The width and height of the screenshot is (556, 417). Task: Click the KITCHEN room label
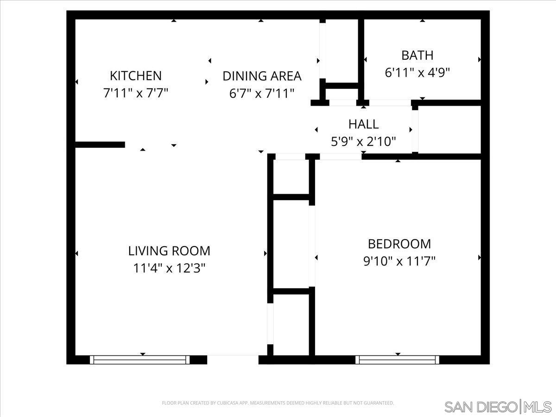pyautogui.click(x=135, y=75)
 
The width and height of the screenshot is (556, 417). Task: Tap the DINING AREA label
pyautogui.click(x=262, y=76)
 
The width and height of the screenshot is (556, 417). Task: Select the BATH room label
pyautogui.click(x=417, y=55)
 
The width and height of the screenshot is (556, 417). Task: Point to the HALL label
pyautogui.click(x=363, y=124)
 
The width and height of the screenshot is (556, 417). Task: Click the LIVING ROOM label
pyautogui.click(x=169, y=251)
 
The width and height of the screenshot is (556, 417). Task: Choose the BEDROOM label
pyautogui.click(x=399, y=243)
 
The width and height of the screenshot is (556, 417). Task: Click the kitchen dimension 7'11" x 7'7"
pyautogui.click(x=135, y=93)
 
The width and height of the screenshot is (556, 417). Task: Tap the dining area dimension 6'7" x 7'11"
pyautogui.click(x=262, y=93)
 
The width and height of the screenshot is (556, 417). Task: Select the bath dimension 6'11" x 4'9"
pyautogui.click(x=417, y=73)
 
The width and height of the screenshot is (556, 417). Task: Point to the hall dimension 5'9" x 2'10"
pyautogui.click(x=363, y=141)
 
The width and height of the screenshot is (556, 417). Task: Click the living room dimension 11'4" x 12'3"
pyautogui.click(x=169, y=268)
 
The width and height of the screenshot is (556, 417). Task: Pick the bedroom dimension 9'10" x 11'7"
pyautogui.click(x=399, y=261)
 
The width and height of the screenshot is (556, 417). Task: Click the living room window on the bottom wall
pyautogui.click(x=139, y=360)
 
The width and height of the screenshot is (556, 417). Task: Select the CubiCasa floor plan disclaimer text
pyautogui.click(x=278, y=403)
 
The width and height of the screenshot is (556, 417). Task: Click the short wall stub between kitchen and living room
pyautogui.click(x=100, y=145)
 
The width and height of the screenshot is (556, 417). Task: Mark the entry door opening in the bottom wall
pyautogui.click(x=232, y=359)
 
